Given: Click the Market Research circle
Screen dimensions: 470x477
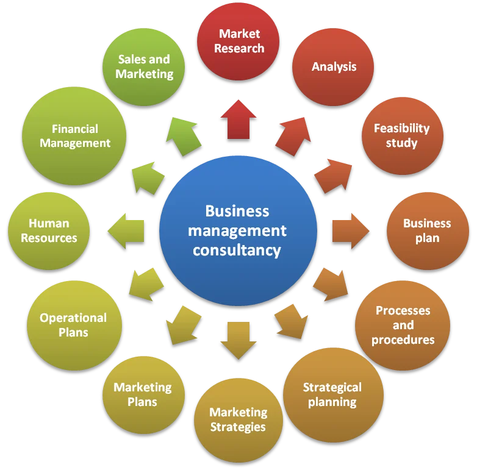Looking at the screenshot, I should pyautogui.click(x=238, y=41).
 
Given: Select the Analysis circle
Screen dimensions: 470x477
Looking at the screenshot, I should pyautogui.click(x=333, y=67).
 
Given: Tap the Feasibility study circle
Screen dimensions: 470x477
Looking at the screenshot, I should pyautogui.click(x=402, y=136).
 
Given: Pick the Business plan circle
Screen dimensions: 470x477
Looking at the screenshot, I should pyautogui.click(x=428, y=231).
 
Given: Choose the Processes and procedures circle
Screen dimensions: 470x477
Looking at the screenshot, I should pyautogui.click(x=403, y=326).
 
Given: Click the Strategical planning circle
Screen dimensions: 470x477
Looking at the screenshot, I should pyautogui.click(x=333, y=394).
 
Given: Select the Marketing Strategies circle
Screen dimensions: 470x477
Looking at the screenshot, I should pyautogui.click(x=238, y=420).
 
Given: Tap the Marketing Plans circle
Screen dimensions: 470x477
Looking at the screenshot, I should pyautogui.click(x=143, y=394).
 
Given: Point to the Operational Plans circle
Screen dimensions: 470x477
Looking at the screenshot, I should pyautogui.click(x=74, y=326).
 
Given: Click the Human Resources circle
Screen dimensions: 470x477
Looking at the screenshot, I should pyautogui.click(x=49, y=230).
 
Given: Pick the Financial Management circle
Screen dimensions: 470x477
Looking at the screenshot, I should pyautogui.click(x=74, y=136).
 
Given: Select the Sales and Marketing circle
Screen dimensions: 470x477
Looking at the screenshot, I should pyautogui.click(x=145, y=67).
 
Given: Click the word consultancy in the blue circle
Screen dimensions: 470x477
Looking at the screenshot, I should pyautogui.click(x=237, y=250).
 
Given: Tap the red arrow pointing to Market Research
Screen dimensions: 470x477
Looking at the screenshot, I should pyautogui.click(x=238, y=120).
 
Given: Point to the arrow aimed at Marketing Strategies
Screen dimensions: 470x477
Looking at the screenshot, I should pyautogui.click(x=238, y=340).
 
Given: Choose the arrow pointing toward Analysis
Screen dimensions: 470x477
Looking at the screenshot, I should pyautogui.click(x=292, y=135).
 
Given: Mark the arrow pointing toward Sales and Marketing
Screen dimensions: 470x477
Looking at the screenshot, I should pyautogui.click(x=184, y=135).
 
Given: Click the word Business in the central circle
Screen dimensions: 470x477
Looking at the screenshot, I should pyautogui.click(x=237, y=212).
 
